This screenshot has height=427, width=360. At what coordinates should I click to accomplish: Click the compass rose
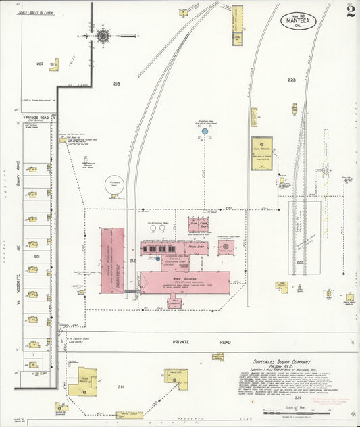point(103,35)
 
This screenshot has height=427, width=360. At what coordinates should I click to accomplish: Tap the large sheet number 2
point(349,13)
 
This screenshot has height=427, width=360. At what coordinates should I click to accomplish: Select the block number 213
point(116,84)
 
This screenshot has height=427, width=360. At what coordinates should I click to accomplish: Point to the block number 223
point(291,80)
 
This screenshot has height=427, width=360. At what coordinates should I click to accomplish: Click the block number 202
point(40,64)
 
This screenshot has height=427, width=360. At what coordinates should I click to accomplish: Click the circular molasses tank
point(113,184)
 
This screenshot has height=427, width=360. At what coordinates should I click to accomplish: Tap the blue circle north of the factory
point(203,132)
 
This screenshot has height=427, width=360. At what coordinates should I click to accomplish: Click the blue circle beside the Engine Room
point(158,259)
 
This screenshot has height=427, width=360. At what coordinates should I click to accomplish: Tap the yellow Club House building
point(82,382)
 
